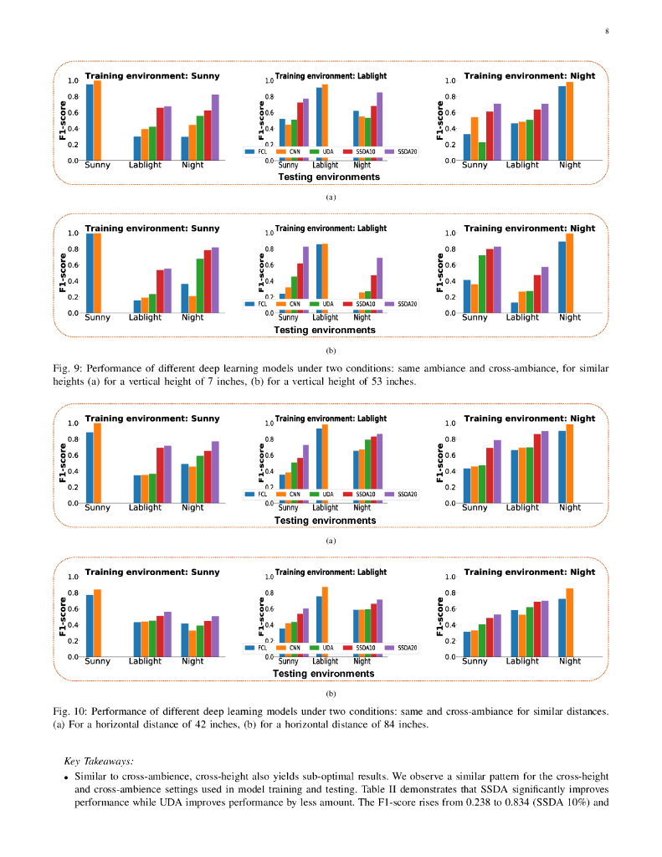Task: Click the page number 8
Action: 607,32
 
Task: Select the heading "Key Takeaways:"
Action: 98,762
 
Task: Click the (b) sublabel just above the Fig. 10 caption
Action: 331,694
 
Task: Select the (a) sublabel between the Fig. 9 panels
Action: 331,198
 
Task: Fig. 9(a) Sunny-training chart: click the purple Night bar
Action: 215,127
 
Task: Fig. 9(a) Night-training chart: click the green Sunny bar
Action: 482,151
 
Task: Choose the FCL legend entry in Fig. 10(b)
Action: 257,647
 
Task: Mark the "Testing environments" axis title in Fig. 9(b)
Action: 325,330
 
